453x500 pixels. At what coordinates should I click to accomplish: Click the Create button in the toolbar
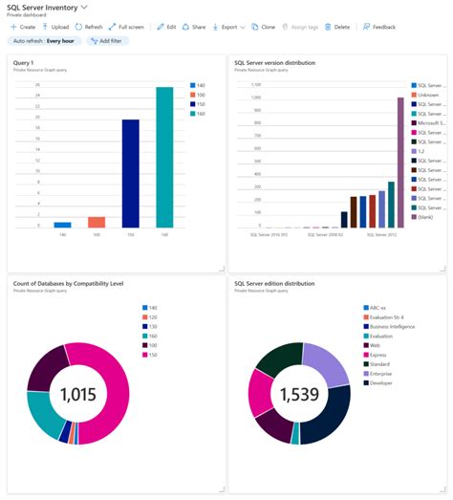(x=23, y=27)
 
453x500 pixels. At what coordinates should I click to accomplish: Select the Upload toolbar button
(x=55, y=27)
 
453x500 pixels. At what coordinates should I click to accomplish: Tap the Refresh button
(x=89, y=27)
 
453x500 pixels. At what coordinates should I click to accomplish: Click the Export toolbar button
(x=226, y=27)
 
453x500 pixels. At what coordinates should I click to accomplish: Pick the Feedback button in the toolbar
(x=379, y=27)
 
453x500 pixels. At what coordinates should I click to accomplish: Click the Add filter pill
(x=107, y=42)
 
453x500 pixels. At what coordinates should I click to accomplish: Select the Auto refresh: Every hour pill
(x=43, y=42)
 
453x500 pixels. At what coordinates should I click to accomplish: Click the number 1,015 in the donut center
(x=78, y=395)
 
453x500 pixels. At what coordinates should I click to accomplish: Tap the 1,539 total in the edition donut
(x=299, y=396)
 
